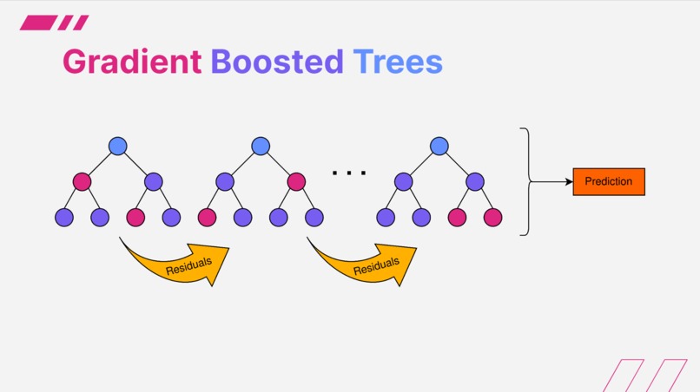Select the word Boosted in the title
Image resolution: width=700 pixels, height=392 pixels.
277,62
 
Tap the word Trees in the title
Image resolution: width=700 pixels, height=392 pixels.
397,62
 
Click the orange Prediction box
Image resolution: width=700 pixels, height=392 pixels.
609,182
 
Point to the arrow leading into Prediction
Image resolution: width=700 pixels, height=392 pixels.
551,182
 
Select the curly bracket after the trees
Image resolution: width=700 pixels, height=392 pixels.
525,181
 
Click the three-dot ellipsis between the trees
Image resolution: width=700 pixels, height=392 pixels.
349,173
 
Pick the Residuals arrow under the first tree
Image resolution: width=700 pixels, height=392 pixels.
178,259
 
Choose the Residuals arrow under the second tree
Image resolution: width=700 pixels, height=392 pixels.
366,259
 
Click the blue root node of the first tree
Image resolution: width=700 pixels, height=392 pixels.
118,146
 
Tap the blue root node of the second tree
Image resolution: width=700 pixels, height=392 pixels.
261,146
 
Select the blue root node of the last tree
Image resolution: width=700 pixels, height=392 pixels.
439,146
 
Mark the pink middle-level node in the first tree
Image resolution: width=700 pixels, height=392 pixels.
83,182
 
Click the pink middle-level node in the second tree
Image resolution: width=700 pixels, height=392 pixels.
296,182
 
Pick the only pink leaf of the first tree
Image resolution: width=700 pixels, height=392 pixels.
135,218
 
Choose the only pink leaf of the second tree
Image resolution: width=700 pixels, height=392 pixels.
207,218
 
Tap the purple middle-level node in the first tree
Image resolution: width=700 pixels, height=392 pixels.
154,182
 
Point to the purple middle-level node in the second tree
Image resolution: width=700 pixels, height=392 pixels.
225,182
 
